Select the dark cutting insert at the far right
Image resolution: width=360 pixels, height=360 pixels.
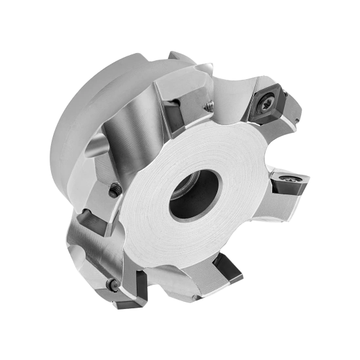[287, 181]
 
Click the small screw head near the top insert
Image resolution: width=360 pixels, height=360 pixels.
[208, 104]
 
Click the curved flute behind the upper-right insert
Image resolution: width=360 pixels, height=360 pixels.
[232, 98]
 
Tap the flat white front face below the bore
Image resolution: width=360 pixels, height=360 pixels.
[190, 242]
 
